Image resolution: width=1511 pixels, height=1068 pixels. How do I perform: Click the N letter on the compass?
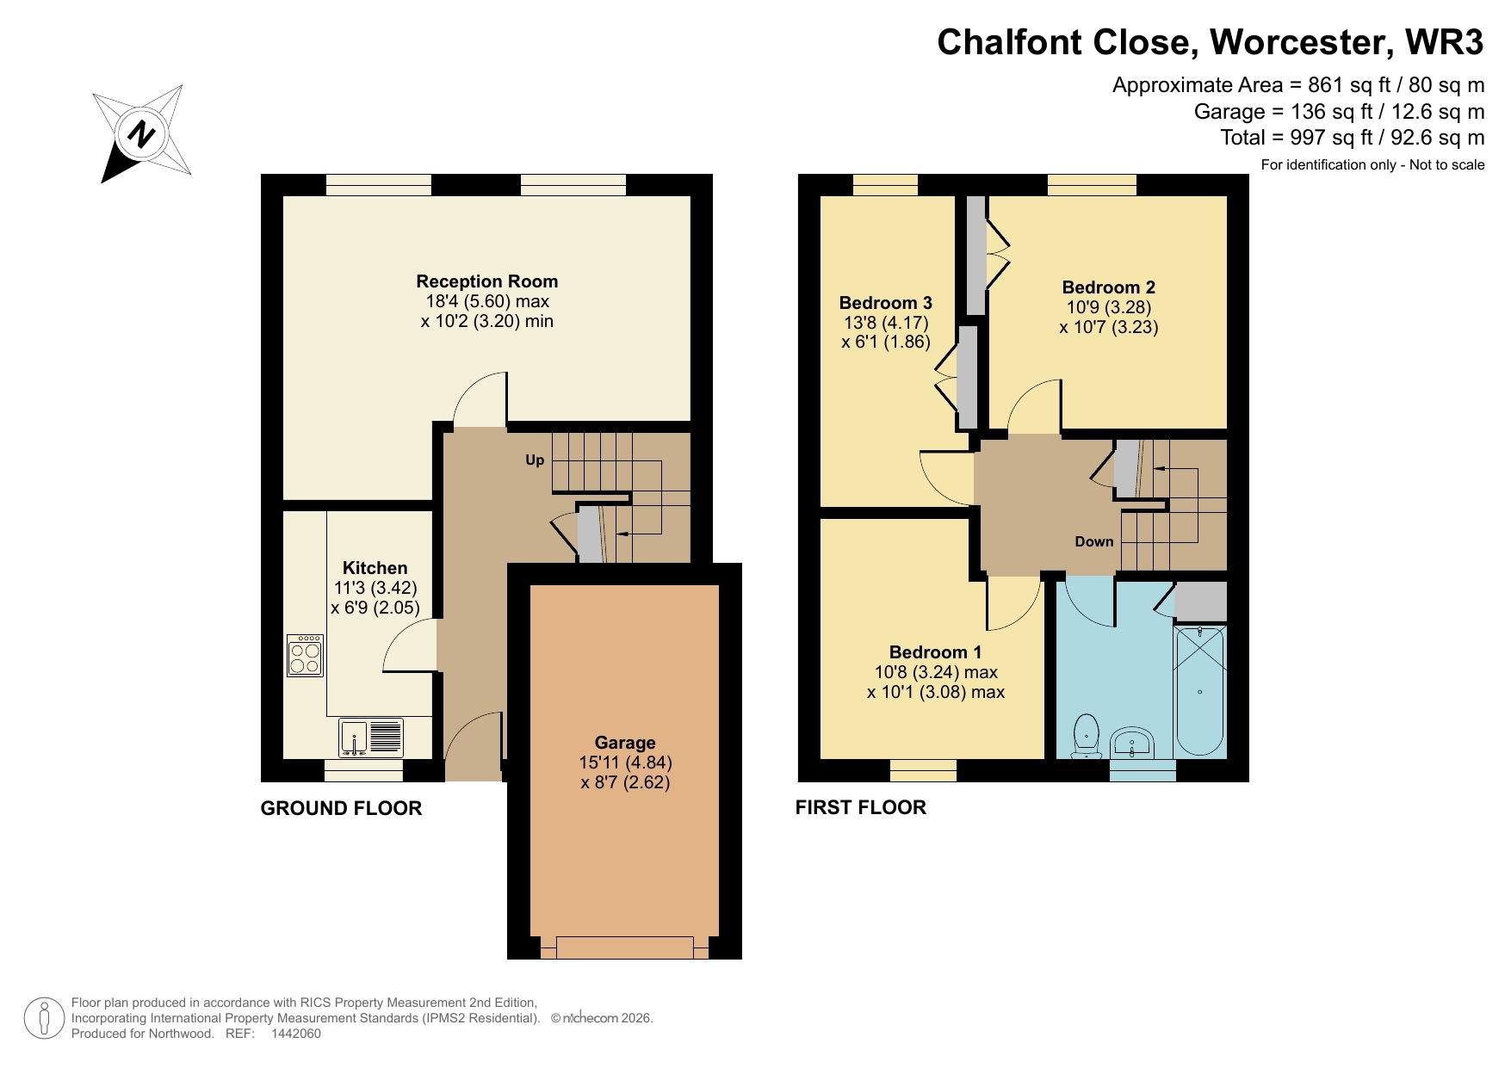[141, 134]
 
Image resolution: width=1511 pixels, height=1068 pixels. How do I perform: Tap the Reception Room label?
[486, 281]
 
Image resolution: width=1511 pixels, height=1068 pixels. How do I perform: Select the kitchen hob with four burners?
[305, 656]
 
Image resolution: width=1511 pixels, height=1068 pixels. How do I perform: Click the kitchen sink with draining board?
[371, 738]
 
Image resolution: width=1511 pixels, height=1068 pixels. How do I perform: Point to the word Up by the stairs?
[535, 460]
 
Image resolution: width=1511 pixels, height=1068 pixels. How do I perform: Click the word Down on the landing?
[1093, 541]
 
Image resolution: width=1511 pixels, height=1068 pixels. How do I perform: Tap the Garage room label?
[625, 743]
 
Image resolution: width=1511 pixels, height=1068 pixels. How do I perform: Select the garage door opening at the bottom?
[624, 948]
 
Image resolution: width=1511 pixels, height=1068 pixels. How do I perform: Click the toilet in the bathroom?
[1087, 736]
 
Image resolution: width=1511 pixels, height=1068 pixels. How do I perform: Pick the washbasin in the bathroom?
[1132, 744]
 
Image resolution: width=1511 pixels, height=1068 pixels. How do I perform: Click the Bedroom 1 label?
[935, 652]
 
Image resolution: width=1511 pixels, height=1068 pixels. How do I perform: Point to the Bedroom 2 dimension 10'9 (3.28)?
[1108, 307]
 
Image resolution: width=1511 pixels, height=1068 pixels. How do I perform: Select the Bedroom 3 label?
[885, 303]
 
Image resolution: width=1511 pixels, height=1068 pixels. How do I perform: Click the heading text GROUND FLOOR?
[341, 808]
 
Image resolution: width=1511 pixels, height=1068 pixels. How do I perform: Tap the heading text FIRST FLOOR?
[860, 807]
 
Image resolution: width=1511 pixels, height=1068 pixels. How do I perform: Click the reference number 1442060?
[295, 1034]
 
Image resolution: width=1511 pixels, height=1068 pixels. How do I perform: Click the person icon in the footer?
[44, 1018]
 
